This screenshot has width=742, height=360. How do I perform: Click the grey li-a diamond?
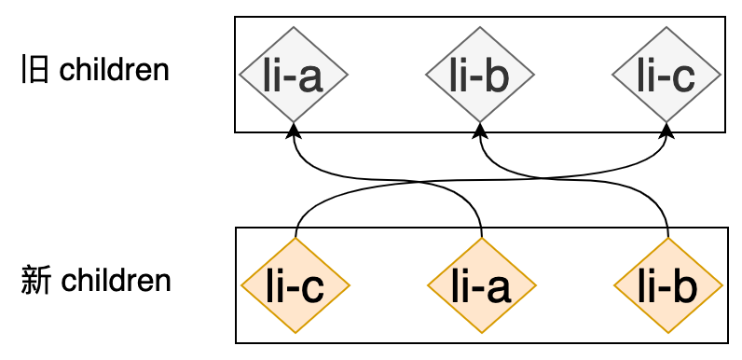click(x=294, y=75)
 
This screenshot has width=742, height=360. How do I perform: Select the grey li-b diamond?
click(x=480, y=75)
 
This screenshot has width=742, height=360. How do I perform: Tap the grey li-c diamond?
click(x=666, y=75)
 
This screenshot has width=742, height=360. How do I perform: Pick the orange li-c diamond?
click(x=295, y=285)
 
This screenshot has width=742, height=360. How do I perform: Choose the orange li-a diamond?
click(x=481, y=285)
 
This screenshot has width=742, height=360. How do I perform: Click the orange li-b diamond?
click(x=668, y=285)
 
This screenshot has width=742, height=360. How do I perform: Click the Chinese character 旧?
click(x=34, y=70)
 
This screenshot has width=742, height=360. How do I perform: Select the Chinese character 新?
click(x=34, y=280)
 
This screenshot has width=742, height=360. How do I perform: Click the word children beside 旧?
click(x=115, y=70)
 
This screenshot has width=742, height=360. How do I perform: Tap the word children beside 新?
click(x=116, y=280)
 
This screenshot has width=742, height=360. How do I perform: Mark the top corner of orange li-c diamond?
click(x=295, y=239)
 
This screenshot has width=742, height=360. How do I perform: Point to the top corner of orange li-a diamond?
click(x=481, y=239)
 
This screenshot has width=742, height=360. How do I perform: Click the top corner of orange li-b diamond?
click(x=668, y=239)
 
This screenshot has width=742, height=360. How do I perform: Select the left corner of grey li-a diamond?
click(x=240, y=75)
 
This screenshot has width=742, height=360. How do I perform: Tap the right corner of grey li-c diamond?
click(x=721, y=75)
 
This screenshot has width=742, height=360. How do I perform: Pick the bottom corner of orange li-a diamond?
click(x=481, y=332)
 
